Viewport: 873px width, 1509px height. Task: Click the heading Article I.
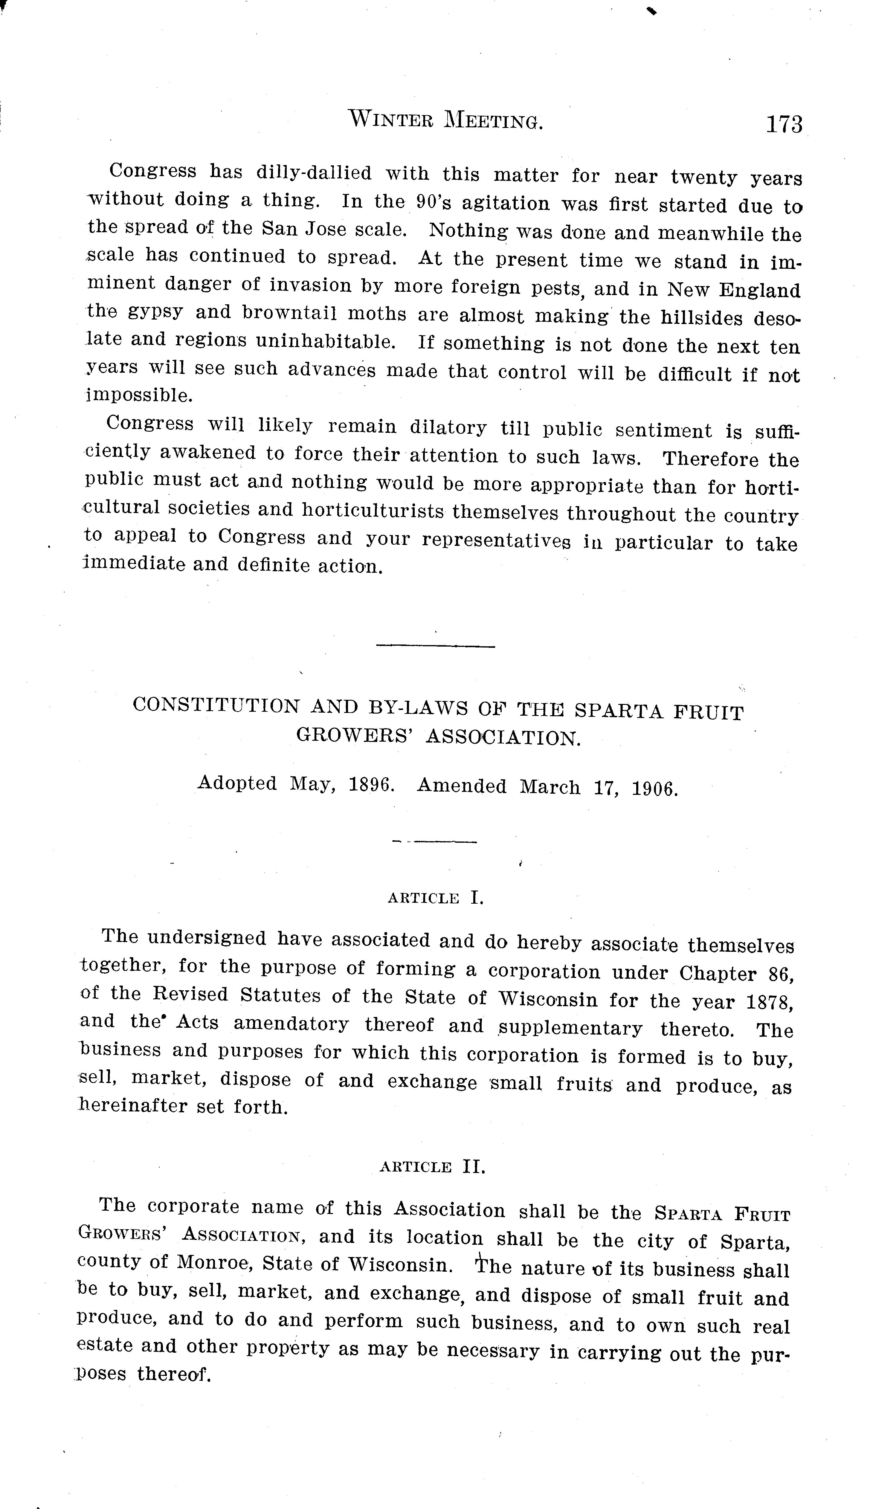tap(435, 898)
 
